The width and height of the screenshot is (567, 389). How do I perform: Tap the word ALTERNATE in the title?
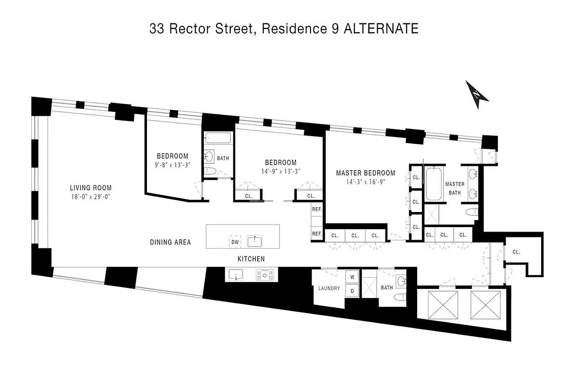[381, 29]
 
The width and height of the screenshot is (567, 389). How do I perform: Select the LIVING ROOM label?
[91, 188]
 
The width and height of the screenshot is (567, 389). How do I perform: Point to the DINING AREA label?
[170, 242]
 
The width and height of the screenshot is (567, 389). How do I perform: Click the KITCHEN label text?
[251, 259]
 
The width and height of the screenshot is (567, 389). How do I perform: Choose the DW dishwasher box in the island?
[235, 242]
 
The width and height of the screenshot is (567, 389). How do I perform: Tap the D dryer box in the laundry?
[351, 290]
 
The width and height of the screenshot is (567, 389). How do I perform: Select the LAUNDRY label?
[329, 288]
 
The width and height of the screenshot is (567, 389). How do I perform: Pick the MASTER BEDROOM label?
[366, 173]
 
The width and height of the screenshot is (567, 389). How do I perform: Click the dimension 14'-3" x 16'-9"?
[366, 182]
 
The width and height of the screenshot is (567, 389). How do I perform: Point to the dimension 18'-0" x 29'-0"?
[91, 197]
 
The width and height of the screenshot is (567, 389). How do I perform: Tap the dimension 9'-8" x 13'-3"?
[172, 164]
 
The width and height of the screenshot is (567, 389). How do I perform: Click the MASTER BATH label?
[455, 188]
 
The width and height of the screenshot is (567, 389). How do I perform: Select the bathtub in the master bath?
[432, 184]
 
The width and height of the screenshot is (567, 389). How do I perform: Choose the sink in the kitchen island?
[254, 241]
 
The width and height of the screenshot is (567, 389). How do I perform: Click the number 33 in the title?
[157, 29]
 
